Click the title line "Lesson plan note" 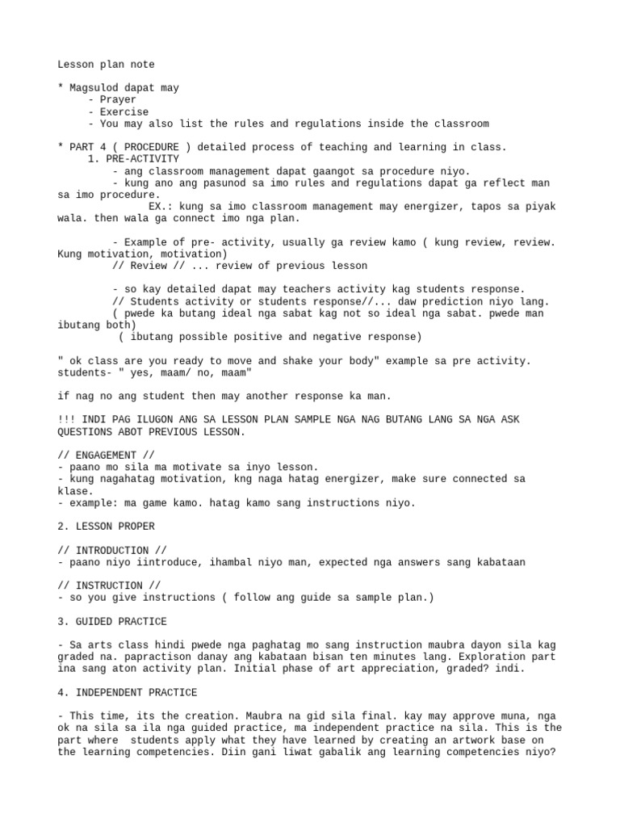tap(106, 65)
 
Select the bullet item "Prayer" tap(118, 100)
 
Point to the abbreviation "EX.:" tap(161, 206)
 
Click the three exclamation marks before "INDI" tap(66, 420)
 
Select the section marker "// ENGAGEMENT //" tap(106, 455)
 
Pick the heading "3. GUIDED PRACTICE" tap(112, 621)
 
